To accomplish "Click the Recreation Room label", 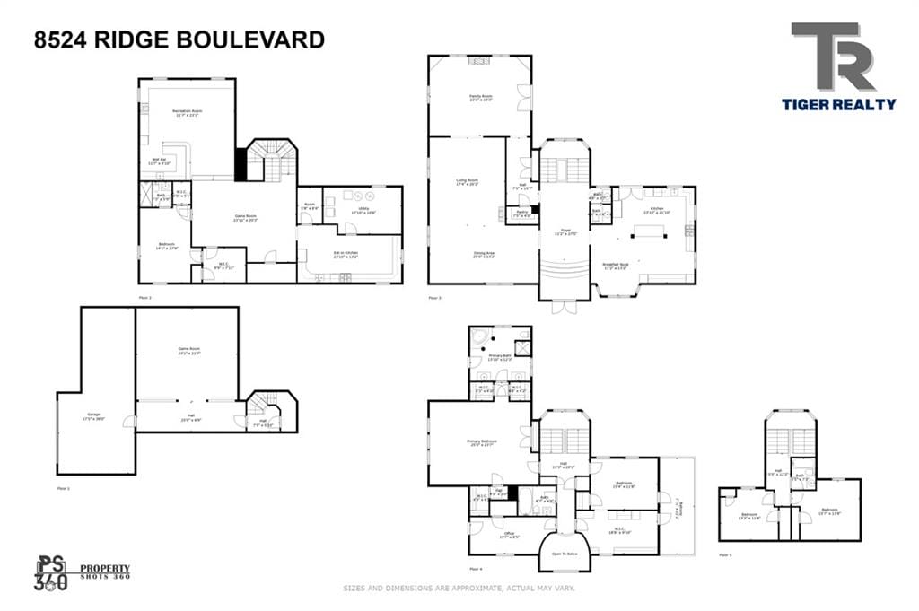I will click(x=187, y=113).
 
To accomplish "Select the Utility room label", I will click(x=363, y=210).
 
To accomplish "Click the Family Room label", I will click(x=481, y=98).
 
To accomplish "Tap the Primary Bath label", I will click(x=499, y=358).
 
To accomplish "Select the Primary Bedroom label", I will click(x=481, y=443).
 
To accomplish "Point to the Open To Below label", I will click(x=565, y=554).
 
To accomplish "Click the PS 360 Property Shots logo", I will click(x=83, y=572).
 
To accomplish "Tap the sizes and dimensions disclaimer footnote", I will click(x=459, y=589).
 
